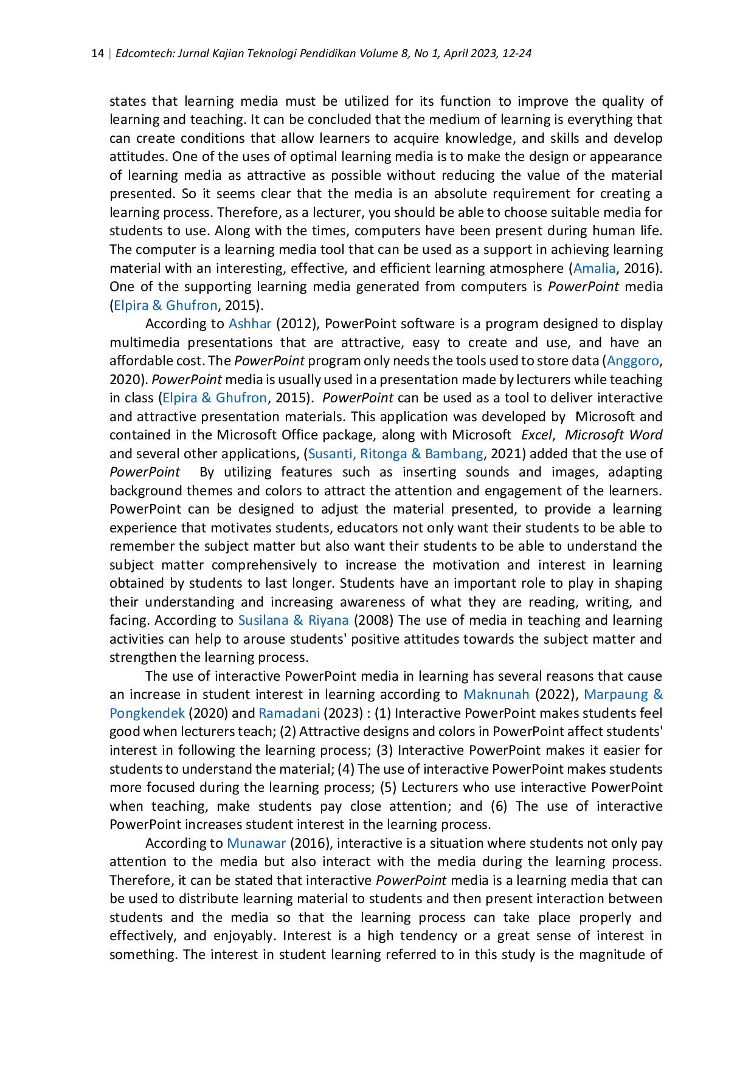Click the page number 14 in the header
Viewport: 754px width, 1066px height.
point(97,53)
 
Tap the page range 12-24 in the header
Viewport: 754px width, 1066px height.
point(517,53)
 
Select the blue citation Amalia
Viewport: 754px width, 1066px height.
point(594,268)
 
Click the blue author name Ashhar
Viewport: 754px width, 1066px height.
point(249,323)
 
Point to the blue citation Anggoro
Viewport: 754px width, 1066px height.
point(633,360)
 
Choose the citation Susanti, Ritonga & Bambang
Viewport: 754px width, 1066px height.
point(396,453)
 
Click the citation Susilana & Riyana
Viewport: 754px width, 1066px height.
point(293,620)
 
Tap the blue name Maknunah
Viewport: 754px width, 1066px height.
point(496,694)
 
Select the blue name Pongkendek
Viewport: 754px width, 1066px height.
point(147,713)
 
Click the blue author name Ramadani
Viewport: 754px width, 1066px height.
point(289,713)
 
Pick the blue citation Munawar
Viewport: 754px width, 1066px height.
point(256,843)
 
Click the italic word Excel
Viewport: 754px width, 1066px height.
point(536,435)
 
